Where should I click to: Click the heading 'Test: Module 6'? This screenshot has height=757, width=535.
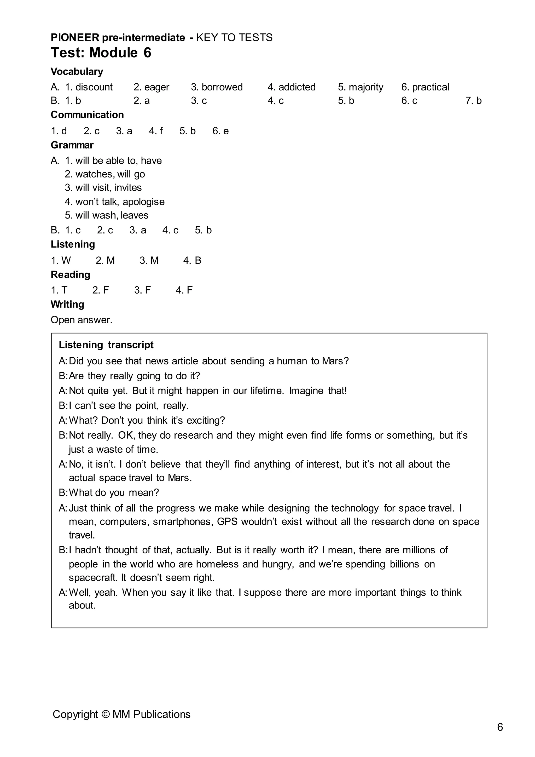tap(101, 53)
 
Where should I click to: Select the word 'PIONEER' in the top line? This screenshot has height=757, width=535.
tap(75, 38)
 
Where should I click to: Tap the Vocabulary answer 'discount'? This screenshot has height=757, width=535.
tap(94, 87)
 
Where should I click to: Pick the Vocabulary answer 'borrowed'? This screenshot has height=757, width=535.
tap(222, 87)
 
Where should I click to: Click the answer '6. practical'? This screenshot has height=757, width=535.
tap(425, 87)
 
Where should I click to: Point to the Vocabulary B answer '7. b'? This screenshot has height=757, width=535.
tap(473, 101)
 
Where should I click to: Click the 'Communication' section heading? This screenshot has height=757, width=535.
tap(87, 115)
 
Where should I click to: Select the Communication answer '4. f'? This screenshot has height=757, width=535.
tap(156, 131)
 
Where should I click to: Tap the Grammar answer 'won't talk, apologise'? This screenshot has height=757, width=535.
tap(120, 202)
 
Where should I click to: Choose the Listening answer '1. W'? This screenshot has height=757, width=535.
tap(61, 260)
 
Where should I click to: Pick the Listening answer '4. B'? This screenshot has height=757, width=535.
tap(192, 260)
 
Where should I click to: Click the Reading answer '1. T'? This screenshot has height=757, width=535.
tap(59, 290)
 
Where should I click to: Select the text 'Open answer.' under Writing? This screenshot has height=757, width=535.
tap(81, 320)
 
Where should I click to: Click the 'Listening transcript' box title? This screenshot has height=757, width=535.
tap(106, 345)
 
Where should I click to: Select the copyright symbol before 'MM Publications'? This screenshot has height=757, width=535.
tap(106, 714)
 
